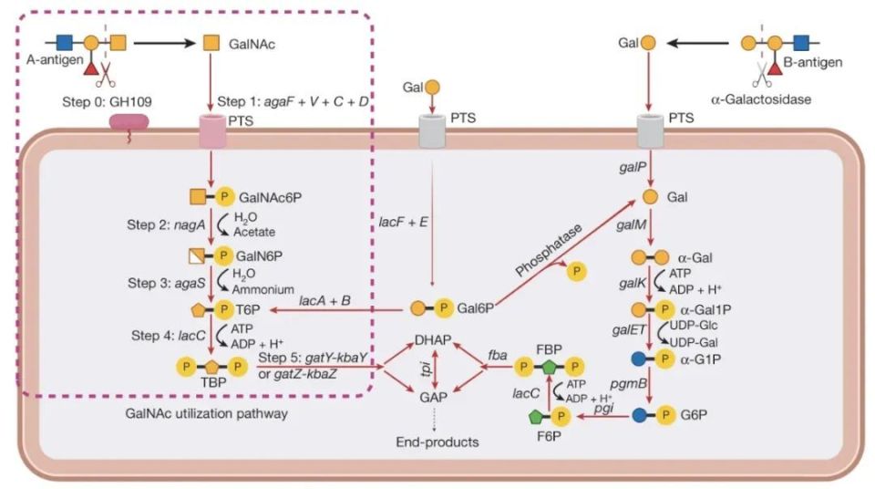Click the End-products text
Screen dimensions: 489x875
[x=437, y=442]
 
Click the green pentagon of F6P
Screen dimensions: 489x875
[x=537, y=417]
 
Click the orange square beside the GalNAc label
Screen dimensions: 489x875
[x=211, y=42]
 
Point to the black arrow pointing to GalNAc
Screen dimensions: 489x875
[x=159, y=42]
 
